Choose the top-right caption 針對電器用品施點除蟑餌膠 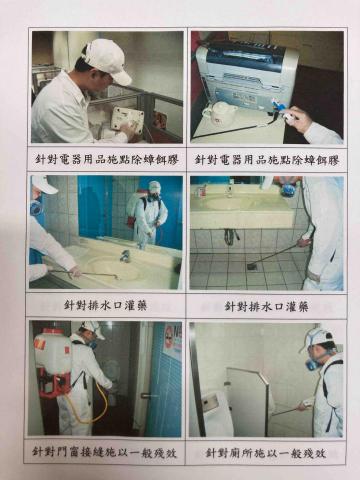pos(266,159)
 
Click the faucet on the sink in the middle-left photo pos(125,255)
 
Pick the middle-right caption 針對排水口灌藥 pos(266,305)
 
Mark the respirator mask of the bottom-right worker pos(312,363)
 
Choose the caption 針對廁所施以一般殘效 pos(266,452)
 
